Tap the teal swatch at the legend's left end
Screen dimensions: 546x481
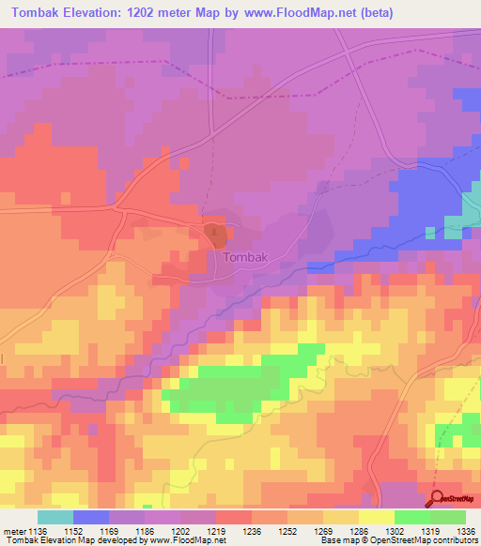click(55, 517)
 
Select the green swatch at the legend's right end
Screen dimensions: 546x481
click(447, 517)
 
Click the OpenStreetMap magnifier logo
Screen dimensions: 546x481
click(437, 497)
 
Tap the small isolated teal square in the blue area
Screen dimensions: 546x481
click(431, 232)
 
